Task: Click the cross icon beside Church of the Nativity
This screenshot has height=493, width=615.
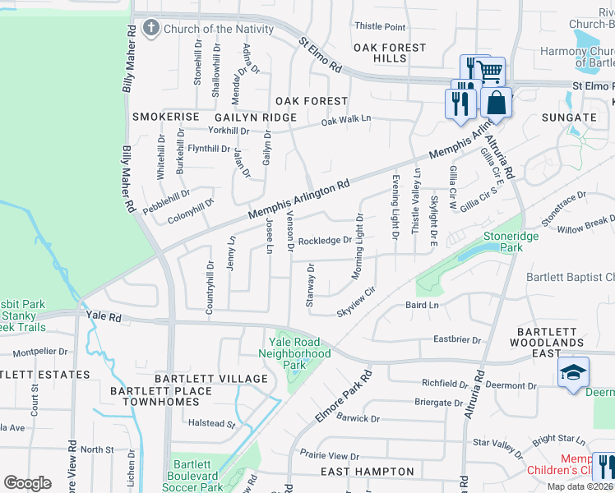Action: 150,29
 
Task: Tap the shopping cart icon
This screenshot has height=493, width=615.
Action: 490,71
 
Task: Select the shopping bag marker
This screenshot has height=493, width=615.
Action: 497,104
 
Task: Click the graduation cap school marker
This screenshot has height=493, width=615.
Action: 573,373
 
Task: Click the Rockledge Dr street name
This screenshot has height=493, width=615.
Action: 325,241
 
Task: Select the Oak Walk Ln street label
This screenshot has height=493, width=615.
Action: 345,119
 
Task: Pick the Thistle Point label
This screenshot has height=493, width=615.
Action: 379,27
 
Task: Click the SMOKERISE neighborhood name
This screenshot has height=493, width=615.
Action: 166,117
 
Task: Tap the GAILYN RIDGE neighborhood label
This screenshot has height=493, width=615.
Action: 243,117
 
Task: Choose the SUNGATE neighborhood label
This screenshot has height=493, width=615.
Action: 568,117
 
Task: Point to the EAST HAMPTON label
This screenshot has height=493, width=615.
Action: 367,471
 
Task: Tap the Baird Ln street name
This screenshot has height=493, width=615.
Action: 423,305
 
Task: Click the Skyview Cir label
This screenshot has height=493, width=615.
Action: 355,302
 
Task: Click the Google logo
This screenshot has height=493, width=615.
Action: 27,482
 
